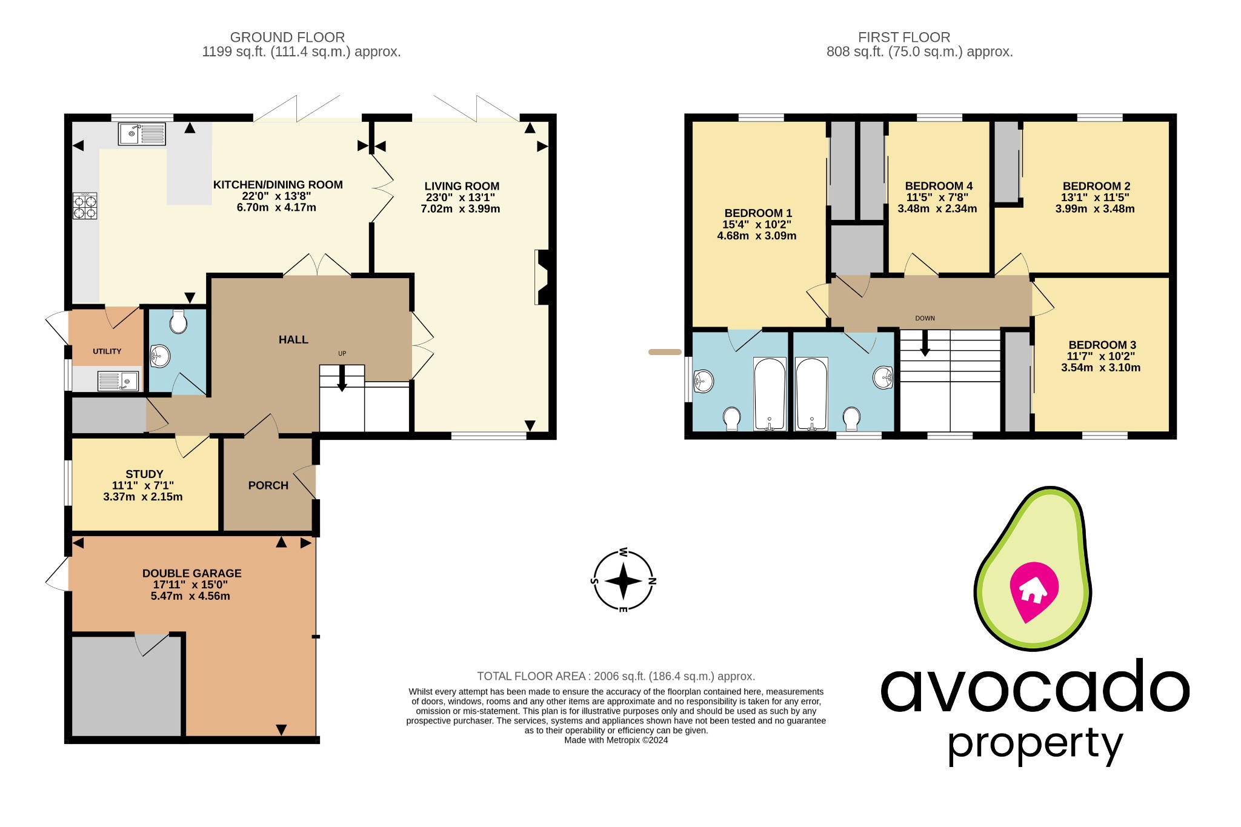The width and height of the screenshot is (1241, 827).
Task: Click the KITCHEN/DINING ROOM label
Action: point(278,185)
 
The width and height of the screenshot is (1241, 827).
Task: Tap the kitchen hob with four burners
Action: point(85,205)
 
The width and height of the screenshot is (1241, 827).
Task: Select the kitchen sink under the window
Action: point(142,134)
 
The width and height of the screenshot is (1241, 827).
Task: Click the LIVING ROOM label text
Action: point(461,186)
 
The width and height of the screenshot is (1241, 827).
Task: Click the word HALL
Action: point(293,340)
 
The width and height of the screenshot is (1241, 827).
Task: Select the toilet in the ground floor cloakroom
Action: point(178,322)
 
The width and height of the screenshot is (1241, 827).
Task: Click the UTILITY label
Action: point(107,351)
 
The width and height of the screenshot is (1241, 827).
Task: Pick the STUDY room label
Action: point(144,474)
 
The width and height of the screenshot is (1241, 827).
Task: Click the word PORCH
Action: point(268,485)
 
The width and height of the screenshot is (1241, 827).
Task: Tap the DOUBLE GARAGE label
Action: point(191,573)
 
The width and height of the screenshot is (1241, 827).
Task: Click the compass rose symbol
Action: point(623,581)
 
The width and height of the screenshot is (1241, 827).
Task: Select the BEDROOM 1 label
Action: point(757,213)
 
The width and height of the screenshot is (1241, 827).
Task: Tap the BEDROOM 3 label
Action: point(1102,345)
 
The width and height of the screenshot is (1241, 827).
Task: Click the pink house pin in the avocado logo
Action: point(1034,590)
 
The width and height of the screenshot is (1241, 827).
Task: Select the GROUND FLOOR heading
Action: point(287,37)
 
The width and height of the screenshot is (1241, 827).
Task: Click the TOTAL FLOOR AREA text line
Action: point(616,676)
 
